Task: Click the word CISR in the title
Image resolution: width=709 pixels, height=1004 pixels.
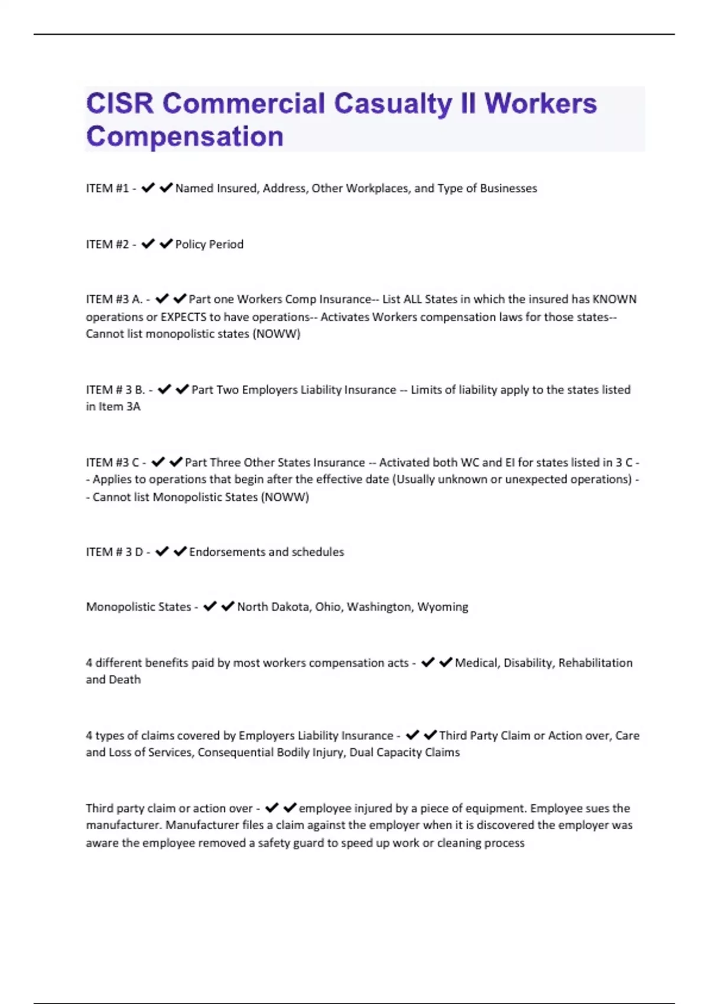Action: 120,104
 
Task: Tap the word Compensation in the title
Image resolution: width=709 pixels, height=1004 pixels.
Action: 185,136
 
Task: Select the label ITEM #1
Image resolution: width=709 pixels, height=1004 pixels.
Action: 107,188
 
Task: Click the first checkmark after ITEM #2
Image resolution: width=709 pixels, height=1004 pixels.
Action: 148,243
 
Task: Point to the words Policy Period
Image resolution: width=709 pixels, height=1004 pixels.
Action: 209,245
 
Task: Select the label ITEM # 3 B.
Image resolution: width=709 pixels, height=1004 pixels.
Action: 115,390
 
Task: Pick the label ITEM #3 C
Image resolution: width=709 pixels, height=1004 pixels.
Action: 112,462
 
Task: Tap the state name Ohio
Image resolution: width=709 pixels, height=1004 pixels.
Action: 328,607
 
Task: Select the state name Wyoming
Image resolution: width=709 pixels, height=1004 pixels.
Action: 443,607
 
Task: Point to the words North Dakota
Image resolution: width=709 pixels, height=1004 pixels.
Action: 273,607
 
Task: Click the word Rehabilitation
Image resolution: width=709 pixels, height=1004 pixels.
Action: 595,663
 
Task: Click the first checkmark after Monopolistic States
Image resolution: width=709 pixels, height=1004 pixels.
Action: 210,607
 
